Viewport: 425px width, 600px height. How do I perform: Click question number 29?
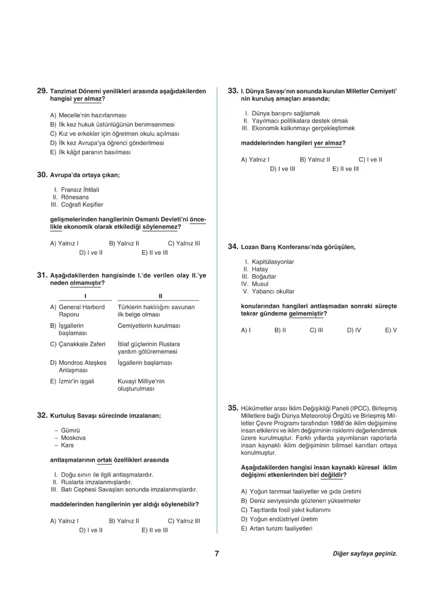[x=42, y=91]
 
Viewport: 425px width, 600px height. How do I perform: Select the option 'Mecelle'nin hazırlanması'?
[x=92, y=115]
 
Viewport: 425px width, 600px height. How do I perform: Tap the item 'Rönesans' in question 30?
[x=75, y=197]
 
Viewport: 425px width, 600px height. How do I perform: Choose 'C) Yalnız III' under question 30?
[x=184, y=243]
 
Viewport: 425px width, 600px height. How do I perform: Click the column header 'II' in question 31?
[x=160, y=296]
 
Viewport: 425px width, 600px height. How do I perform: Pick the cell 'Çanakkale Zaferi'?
[x=82, y=344]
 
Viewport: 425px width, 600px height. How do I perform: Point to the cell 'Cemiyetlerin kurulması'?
[x=149, y=326]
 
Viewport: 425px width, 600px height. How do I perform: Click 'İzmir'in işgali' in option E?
[x=76, y=381]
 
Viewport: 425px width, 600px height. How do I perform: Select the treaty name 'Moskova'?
[x=73, y=438]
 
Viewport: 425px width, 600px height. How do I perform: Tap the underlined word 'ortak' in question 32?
[x=104, y=460]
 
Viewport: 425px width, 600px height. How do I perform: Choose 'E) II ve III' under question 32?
[x=155, y=530]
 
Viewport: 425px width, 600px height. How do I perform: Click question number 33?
[x=233, y=90]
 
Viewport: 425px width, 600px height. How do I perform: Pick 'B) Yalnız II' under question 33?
[x=315, y=159]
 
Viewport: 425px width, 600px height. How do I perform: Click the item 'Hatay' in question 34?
[x=260, y=269]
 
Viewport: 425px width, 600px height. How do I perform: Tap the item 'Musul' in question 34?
[x=260, y=284]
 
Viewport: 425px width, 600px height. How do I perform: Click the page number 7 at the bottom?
[x=217, y=554]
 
